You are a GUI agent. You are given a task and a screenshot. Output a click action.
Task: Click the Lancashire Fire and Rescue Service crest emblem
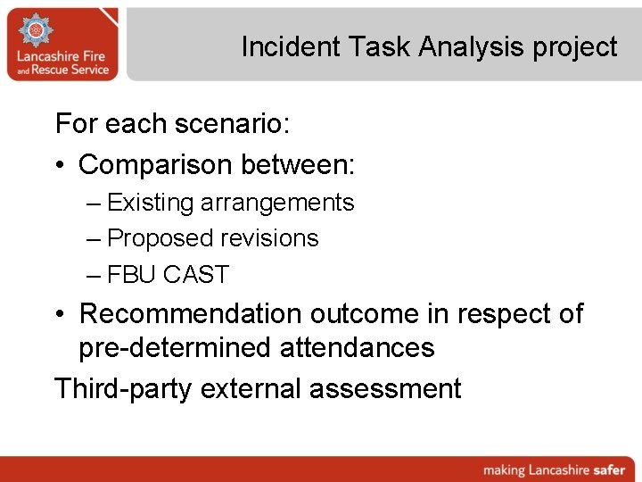(x=37, y=32)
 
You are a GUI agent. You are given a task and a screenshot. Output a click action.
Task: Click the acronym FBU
(x=132, y=274)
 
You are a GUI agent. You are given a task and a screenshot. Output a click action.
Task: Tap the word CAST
(x=196, y=274)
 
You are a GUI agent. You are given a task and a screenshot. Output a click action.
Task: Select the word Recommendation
(x=191, y=313)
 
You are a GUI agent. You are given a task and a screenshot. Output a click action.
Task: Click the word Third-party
(x=123, y=388)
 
